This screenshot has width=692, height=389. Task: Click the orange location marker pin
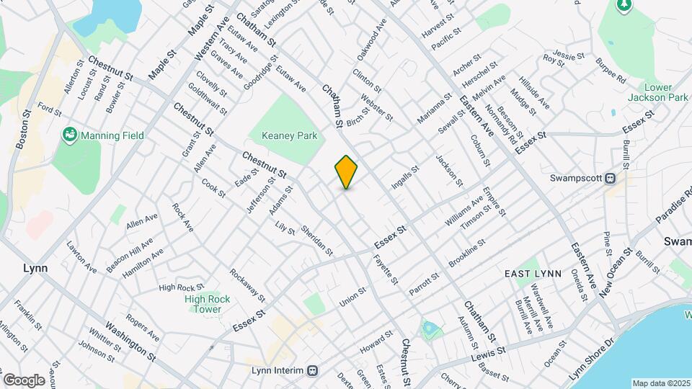[347, 171]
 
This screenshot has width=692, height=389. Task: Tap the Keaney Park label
[289, 135]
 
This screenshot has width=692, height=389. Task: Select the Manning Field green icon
[70, 135]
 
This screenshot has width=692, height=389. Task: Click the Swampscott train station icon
[611, 178]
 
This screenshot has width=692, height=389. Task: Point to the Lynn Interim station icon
[312, 371]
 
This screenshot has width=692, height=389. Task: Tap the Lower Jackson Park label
[657, 91]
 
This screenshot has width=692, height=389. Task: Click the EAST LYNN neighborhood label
[533, 274]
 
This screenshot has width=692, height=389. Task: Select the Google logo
[24, 380]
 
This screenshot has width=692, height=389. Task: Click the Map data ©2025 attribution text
[661, 383]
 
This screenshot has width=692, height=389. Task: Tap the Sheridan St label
[317, 240]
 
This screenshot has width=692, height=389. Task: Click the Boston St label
[22, 130]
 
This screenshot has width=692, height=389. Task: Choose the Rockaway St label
[248, 285]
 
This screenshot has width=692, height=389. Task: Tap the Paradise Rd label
[673, 211]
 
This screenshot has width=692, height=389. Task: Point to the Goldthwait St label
[208, 100]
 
